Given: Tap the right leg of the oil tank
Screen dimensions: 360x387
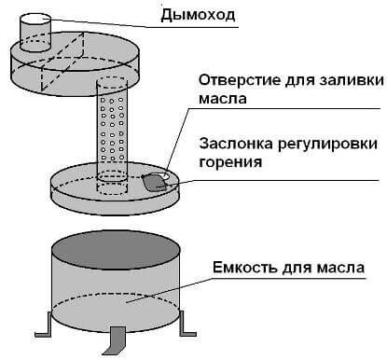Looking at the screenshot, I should [x=187, y=322].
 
